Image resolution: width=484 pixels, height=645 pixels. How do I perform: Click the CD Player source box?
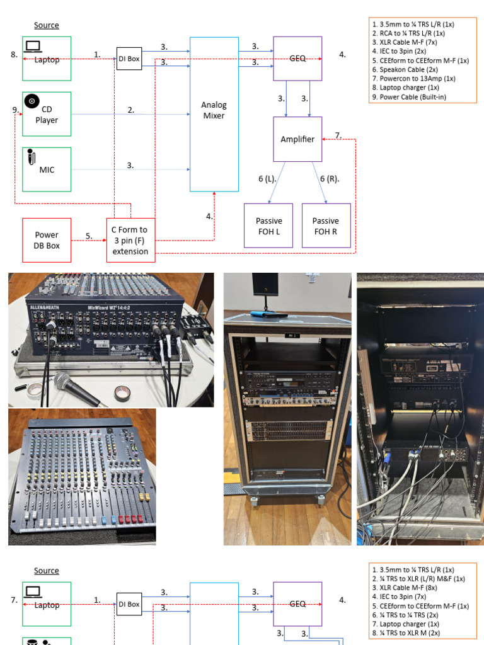tap(47, 114)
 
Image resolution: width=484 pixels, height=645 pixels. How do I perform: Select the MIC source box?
tap(47, 169)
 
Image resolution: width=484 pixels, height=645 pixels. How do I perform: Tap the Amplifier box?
tap(297, 139)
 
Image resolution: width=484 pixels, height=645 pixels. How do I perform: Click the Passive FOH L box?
tap(268, 225)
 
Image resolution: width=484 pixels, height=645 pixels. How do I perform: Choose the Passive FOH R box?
tap(326, 225)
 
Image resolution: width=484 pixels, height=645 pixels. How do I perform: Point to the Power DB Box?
tap(47, 240)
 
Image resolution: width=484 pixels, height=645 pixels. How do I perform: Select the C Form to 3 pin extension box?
tap(130, 240)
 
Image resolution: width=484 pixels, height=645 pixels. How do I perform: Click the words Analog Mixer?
tap(214, 110)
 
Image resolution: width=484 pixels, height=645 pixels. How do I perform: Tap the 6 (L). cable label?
tap(268, 179)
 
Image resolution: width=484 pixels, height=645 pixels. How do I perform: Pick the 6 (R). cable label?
tap(329, 179)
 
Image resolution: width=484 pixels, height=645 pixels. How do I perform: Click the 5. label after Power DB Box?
tap(89, 236)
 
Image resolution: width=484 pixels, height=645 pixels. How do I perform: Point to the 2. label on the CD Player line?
tap(130, 110)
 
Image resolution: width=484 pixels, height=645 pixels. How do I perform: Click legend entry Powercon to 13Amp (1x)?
tap(413, 79)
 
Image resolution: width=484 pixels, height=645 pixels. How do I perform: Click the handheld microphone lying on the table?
tap(72, 385)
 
